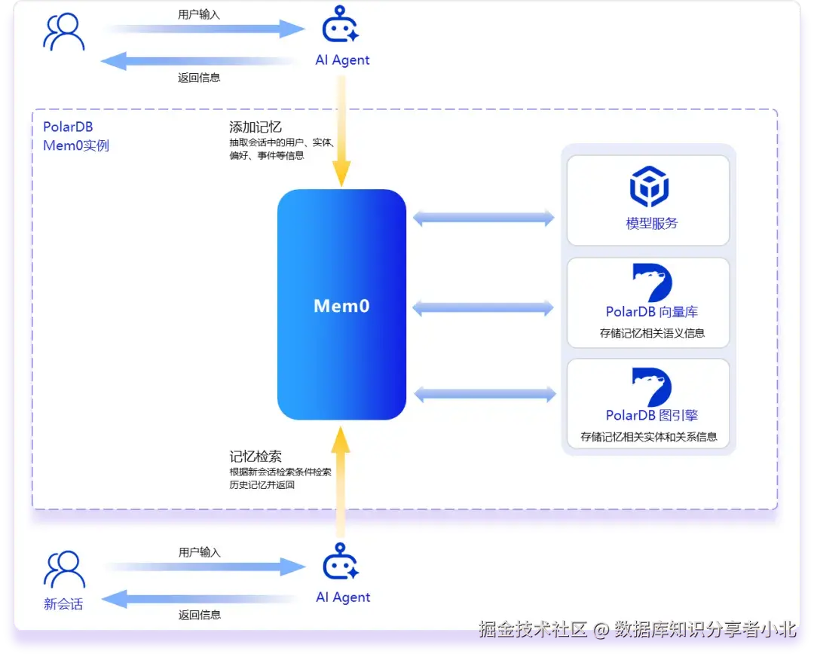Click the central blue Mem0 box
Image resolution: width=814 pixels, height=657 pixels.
tap(341, 304)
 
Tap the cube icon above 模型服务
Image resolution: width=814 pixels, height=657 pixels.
tap(649, 186)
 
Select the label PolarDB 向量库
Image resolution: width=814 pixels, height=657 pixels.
tap(651, 312)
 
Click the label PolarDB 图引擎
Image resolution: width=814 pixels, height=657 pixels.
tap(651, 415)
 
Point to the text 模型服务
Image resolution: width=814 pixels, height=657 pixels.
tap(651, 223)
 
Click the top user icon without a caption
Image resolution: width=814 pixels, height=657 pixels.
tap(64, 32)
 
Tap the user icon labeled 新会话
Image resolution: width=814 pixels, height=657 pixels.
tap(64, 570)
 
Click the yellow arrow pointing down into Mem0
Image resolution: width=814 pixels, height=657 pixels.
tap(341, 131)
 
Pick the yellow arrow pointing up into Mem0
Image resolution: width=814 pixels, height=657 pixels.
tap(341, 482)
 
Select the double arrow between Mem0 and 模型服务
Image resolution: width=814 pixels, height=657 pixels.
tap(484, 218)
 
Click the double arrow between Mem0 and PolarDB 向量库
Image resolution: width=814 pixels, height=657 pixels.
tap(483, 308)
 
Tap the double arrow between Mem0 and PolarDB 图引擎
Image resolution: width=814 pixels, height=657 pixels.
tap(485, 394)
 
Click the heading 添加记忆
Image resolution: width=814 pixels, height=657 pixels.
tap(256, 127)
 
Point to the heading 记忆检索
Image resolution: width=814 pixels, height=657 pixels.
tap(256, 457)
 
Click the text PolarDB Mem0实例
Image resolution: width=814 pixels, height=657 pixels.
tap(76, 136)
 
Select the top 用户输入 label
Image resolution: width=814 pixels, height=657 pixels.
tap(199, 14)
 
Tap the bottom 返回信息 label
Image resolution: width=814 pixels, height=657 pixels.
tap(200, 615)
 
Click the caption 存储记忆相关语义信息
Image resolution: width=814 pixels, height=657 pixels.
tap(652, 333)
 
